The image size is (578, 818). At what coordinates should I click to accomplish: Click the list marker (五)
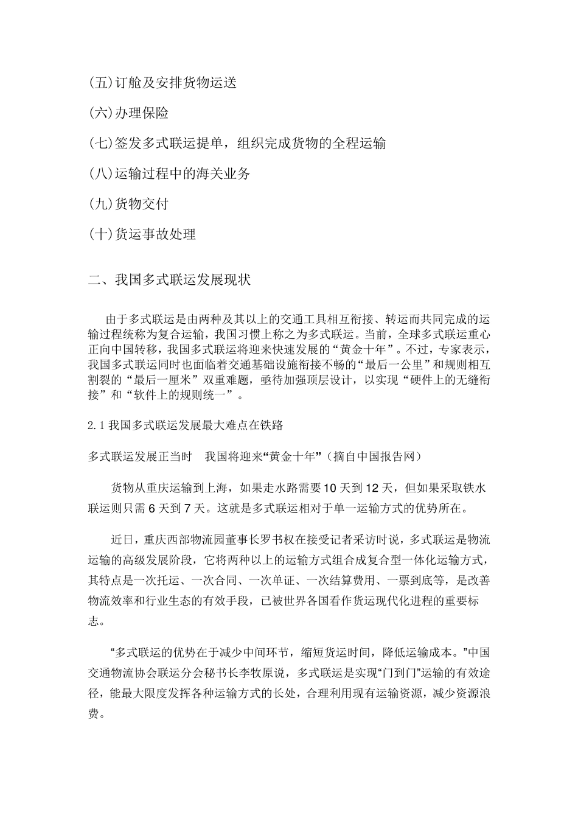(101, 83)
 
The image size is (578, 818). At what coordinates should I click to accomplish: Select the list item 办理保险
(142, 113)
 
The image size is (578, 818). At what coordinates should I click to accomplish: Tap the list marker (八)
(101, 174)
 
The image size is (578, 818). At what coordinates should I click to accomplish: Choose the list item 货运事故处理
(155, 234)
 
